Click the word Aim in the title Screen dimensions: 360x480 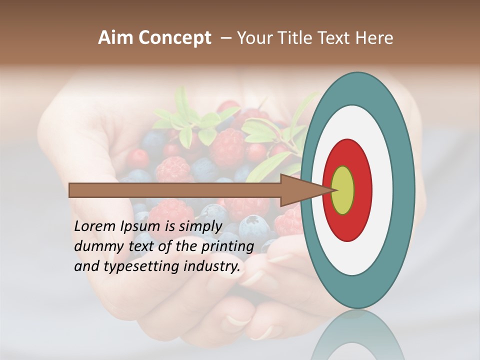tap(115, 38)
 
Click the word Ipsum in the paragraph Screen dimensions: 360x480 tap(142, 226)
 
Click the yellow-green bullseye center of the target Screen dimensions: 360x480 tap(343, 190)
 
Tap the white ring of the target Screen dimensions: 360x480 tap(382, 190)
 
